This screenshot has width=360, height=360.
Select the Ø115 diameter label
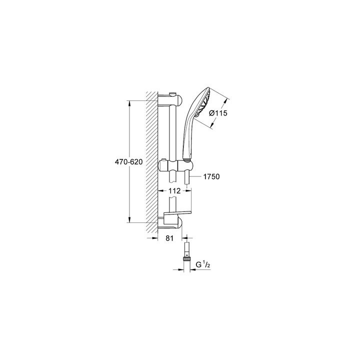click(x=218, y=113)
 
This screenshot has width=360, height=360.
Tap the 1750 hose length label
click(x=212, y=176)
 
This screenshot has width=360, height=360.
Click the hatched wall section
click(x=151, y=160)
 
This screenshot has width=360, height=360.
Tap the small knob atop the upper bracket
click(x=173, y=94)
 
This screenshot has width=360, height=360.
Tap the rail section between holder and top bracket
click(x=173, y=132)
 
